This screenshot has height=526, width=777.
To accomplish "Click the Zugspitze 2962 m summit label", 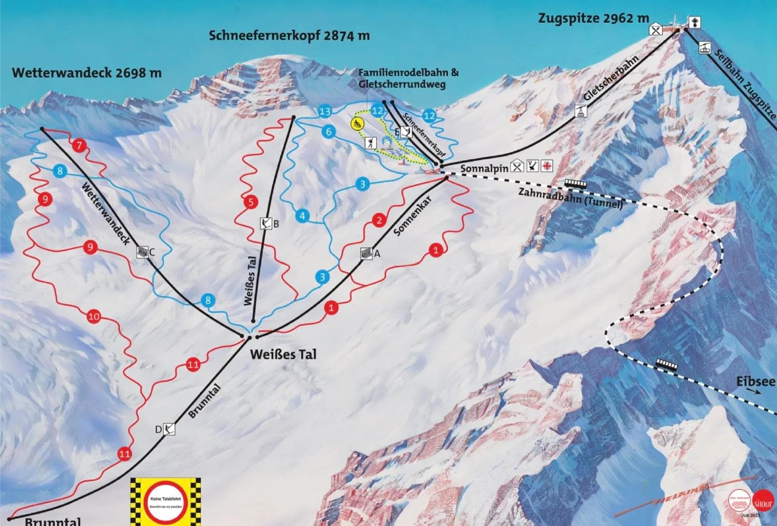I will (593, 19).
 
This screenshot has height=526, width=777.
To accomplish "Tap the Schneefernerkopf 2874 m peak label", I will (289, 35).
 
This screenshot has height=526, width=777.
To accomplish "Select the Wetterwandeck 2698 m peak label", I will (87, 73).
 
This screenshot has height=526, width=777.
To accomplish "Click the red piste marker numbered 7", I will (80, 146).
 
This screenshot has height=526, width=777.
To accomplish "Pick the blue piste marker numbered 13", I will (325, 111).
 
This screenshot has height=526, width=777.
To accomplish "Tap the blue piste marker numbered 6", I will (329, 132).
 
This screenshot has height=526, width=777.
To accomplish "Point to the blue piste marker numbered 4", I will (302, 216).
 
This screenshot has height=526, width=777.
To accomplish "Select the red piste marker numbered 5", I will (251, 202).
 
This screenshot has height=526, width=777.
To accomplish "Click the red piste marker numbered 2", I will (379, 221).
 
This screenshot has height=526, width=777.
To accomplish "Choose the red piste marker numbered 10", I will (94, 316).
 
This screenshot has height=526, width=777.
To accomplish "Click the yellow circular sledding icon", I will (358, 123).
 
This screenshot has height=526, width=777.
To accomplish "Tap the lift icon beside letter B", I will (265, 223).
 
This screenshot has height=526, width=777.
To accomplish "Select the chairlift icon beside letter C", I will (143, 252).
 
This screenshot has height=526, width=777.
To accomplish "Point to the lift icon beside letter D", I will (169, 429).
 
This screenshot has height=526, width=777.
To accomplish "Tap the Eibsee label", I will (756, 382).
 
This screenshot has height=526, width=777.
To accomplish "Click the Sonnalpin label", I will (484, 169).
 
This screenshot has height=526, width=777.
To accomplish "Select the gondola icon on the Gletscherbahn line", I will (580, 111).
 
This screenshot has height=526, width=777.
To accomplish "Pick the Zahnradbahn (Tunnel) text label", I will (570, 198).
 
